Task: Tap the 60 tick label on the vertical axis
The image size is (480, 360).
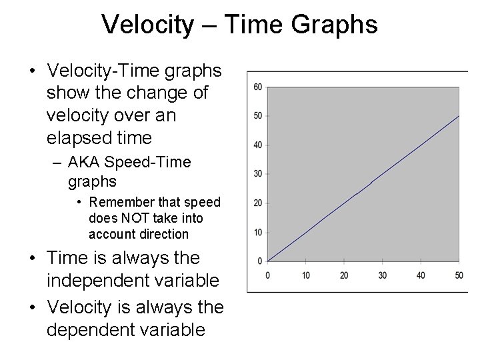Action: coord(257,87)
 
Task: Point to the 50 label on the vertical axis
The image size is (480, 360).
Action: coord(257,116)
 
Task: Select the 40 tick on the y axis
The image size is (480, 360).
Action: coord(257,145)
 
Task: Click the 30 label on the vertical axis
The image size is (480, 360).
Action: coord(257,174)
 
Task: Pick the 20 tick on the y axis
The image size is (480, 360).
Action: coord(257,203)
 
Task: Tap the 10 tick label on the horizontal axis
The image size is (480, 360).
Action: coord(305,275)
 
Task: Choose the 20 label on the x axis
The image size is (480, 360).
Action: coord(344,275)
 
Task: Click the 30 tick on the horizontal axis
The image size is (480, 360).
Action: coord(382,275)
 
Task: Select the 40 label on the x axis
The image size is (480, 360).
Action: coord(421,275)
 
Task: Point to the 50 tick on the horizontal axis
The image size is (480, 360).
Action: coord(459,275)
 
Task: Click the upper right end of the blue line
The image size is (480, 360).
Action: coord(459,116)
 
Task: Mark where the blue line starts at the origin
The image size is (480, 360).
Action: coord(267,261)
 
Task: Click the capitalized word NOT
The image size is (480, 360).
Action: coord(130,218)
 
